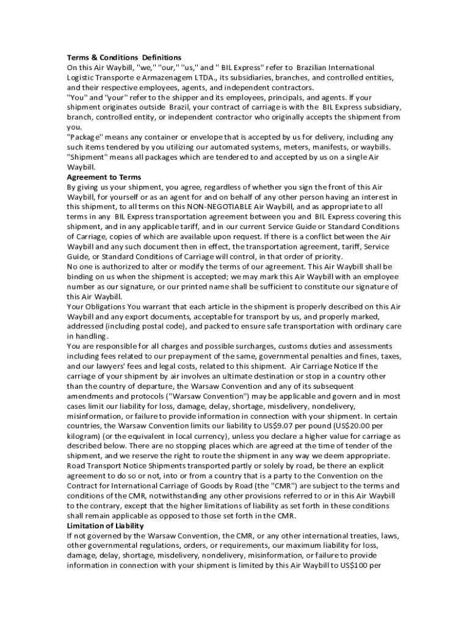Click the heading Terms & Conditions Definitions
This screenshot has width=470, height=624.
click(x=124, y=57)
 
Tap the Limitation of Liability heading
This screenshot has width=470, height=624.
click(x=106, y=526)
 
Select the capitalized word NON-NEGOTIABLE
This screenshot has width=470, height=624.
click(x=225, y=207)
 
